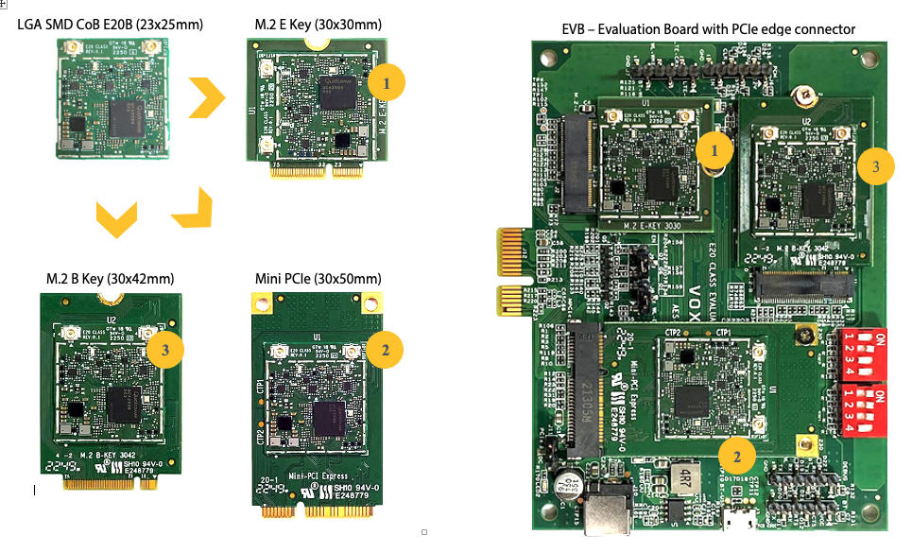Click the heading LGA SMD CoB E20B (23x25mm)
111,24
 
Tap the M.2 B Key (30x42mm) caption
111,279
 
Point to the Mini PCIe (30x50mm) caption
318,279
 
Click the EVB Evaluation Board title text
708,29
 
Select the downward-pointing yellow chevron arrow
116,219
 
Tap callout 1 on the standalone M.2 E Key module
386,83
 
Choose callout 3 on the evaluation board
876,166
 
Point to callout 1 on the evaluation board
714,149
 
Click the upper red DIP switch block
862,350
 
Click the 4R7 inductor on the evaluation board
683,475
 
